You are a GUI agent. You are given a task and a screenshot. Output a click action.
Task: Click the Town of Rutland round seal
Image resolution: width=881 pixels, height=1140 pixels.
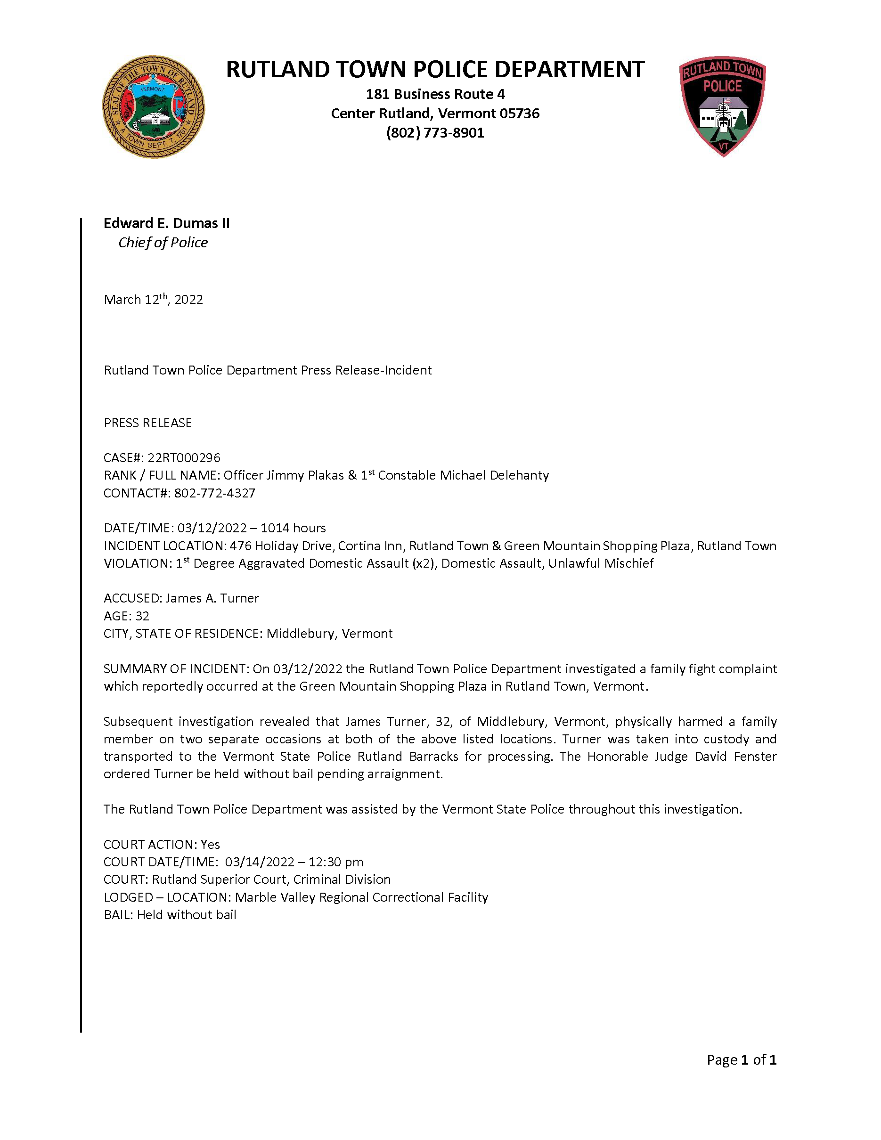coord(153,107)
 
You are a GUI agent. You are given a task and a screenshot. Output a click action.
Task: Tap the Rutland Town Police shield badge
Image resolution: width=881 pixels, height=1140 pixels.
coord(722,106)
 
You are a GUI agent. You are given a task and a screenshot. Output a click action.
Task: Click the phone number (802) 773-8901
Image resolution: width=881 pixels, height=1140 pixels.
coord(435,133)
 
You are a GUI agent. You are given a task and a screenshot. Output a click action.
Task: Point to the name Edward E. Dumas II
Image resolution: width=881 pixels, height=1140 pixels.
coord(166,223)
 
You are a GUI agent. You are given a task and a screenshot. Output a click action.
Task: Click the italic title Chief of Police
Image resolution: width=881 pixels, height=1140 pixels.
coord(163,243)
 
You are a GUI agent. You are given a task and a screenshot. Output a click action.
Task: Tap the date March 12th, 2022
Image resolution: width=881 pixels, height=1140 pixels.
coord(153,300)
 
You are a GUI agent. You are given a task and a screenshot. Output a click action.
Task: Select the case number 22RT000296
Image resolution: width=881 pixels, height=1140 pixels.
coord(184,458)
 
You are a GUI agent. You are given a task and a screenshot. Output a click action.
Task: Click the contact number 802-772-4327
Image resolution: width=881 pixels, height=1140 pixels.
coord(214,493)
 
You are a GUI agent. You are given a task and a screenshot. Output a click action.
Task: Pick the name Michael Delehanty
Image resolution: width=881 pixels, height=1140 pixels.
coord(494,475)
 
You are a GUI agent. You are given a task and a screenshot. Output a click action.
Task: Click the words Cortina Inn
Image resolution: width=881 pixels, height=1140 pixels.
coord(370,546)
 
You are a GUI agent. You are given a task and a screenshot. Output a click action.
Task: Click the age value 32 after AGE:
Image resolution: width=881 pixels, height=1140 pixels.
coord(142,617)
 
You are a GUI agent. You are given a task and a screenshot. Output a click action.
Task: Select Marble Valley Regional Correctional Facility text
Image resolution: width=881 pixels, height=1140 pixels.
coord(361,897)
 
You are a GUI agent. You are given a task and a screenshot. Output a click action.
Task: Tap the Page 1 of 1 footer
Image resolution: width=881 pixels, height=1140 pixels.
coord(741,1059)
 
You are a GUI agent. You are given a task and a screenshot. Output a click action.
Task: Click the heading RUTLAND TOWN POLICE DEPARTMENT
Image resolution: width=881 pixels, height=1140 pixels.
coord(435,69)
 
